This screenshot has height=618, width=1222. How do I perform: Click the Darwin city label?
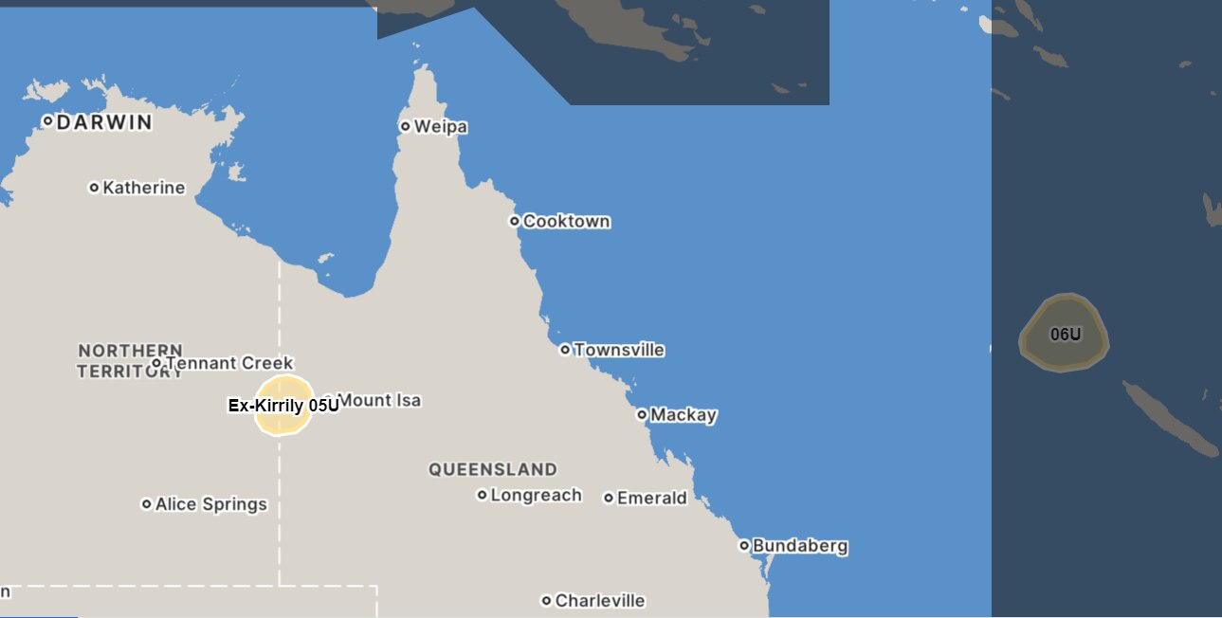pos(104,122)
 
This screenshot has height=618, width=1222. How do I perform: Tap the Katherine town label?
pos(143,188)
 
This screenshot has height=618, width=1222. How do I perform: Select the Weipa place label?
pos(441,127)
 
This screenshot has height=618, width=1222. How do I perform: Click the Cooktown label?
pos(566,222)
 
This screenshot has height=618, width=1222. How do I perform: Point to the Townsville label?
pos(618,350)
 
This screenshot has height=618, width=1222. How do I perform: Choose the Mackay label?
pos(683,415)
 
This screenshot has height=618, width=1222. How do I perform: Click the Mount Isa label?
pos(378,401)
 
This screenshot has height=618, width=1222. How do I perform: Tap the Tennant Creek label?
pos(228,363)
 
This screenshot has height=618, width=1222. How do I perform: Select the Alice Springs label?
pos(210,504)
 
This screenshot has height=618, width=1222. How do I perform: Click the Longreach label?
pos(536,495)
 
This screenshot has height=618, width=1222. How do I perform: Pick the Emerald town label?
pos(651,498)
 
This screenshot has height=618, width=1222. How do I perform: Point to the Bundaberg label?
pos(799,546)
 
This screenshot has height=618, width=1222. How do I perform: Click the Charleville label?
pos(599,601)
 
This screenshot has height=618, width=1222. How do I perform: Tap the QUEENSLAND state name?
pos(492,469)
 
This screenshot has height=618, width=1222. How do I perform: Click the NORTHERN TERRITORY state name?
pos(130,361)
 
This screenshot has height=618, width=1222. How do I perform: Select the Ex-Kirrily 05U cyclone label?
pos(283,406)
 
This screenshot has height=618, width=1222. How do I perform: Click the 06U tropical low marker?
pos(1065,334)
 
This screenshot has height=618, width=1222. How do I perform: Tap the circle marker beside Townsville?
pos(565,350)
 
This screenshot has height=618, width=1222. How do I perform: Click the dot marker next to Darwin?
pos(47,121)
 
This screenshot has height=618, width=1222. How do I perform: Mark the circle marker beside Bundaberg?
pos(744,546)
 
